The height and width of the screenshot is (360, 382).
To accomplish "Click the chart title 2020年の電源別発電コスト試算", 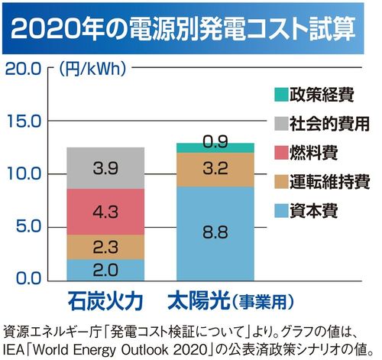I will tap(191, 28).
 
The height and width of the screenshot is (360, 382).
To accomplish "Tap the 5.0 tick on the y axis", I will tap(26, 226).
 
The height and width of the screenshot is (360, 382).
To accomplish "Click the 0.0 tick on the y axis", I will tap(26, 277).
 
